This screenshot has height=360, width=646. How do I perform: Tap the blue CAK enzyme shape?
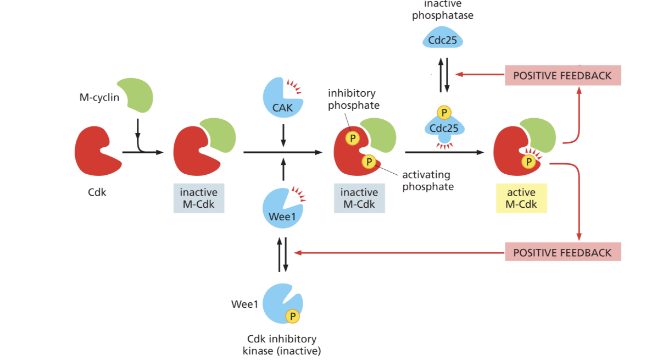[x=281, y=98]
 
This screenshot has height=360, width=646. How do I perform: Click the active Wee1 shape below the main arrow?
[x=280, y=209]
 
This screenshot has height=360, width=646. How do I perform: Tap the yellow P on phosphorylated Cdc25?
[x=444, y=113]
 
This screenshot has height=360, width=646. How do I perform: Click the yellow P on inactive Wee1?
[x=292, y=316]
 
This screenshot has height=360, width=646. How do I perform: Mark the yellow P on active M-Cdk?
[x=528, y=162]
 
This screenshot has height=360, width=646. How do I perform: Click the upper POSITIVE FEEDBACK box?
[x=563, y=75]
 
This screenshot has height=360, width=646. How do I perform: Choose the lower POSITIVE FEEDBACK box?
[x=563, y=252]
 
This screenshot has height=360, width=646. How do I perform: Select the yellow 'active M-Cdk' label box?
[x=521, y=198]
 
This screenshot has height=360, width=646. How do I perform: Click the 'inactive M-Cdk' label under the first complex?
[x=198, y=198]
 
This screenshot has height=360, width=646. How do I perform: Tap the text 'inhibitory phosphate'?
[x=354, y=99]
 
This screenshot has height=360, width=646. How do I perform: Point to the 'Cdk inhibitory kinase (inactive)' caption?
[x=282, y=345]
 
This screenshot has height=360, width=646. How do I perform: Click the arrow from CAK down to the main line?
[x=283, y=135]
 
